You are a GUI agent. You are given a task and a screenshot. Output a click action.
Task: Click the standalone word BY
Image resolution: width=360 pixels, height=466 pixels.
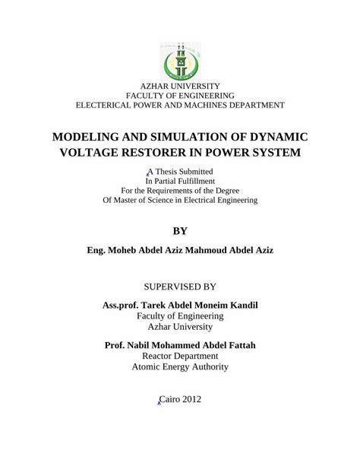point(180,230)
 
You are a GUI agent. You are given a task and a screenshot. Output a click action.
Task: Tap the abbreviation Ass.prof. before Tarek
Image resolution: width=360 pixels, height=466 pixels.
point(126,305)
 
